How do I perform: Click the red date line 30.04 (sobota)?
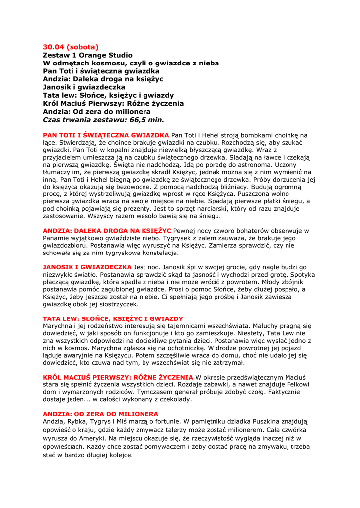coord(71,47)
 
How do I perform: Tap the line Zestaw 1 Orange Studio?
coord(87,55)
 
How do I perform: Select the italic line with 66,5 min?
coord(103,119)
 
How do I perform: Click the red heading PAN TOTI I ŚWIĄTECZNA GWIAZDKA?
coord(106,135)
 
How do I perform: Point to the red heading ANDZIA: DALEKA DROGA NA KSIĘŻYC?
coord(107,231)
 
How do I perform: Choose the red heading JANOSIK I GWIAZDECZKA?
coord(87,267)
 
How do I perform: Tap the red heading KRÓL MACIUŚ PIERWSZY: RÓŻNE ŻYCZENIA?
coord(118,377)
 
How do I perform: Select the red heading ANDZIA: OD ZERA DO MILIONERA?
coord(100,414)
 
